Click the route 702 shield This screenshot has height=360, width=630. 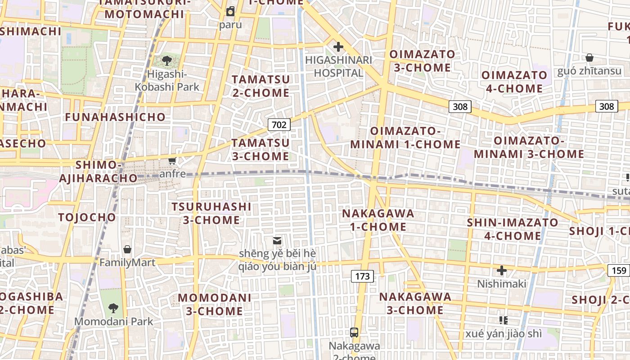[x=279, y=125]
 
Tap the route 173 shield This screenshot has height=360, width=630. [x=362, y=276]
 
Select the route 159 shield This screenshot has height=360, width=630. [x=619, y=270]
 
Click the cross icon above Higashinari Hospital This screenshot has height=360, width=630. [x=338, y=47]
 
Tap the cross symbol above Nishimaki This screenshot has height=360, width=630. [x=501, y=270]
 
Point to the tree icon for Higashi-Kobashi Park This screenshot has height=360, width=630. [x=167, y=60]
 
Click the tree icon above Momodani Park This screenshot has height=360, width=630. [x=113, y=308]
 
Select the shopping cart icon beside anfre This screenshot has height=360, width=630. [x=172, y=161]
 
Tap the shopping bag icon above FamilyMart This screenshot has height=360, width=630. [x=127, y=249]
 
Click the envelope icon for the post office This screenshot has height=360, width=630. [x=277, y=241]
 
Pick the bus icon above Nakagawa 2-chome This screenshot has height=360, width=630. [x=354, y=333]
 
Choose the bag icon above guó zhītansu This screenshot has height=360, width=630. [x=589, y=58]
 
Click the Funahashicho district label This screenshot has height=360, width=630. [x=115, y=117]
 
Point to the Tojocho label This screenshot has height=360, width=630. [x=87, y=217]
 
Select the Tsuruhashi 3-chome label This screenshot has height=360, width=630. [x=211, y=213]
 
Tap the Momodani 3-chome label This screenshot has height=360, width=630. [x=215, y=304]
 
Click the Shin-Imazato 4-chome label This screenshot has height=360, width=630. [x=513, y=229]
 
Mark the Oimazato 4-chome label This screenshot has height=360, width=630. [x=514, y=81]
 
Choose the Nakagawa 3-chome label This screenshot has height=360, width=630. [x=415, y=303]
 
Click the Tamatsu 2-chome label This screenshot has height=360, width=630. [x=261, y=86]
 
